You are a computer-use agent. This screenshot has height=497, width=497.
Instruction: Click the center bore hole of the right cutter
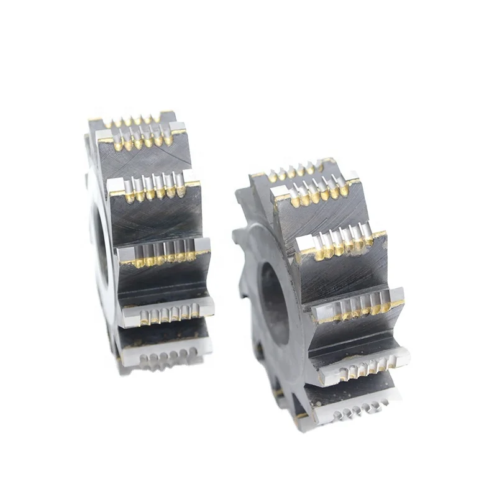(x=274, y=302)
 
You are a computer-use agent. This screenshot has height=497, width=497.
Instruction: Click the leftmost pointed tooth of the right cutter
(x=239, y=236)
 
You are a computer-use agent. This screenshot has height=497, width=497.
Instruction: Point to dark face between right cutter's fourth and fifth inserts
(x=357, y=335)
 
